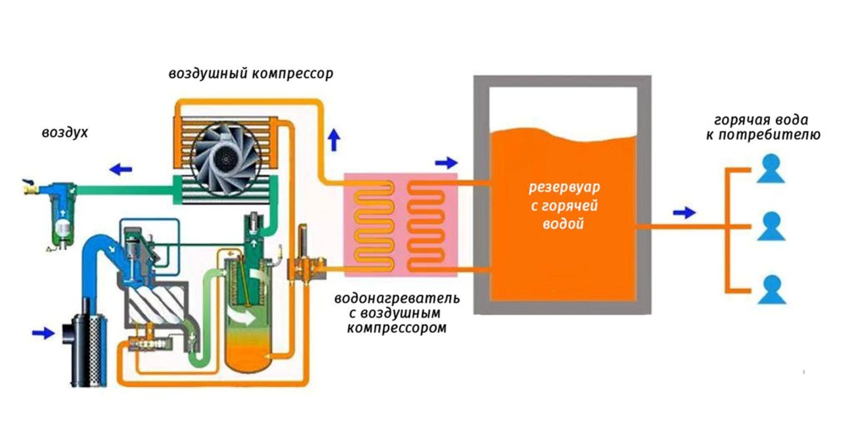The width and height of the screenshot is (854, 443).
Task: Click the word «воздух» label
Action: click(x=65, y=133)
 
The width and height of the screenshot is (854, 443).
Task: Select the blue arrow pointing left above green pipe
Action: click(x=121, y=170)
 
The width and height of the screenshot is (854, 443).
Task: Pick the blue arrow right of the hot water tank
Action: click(x=684, y=212)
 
